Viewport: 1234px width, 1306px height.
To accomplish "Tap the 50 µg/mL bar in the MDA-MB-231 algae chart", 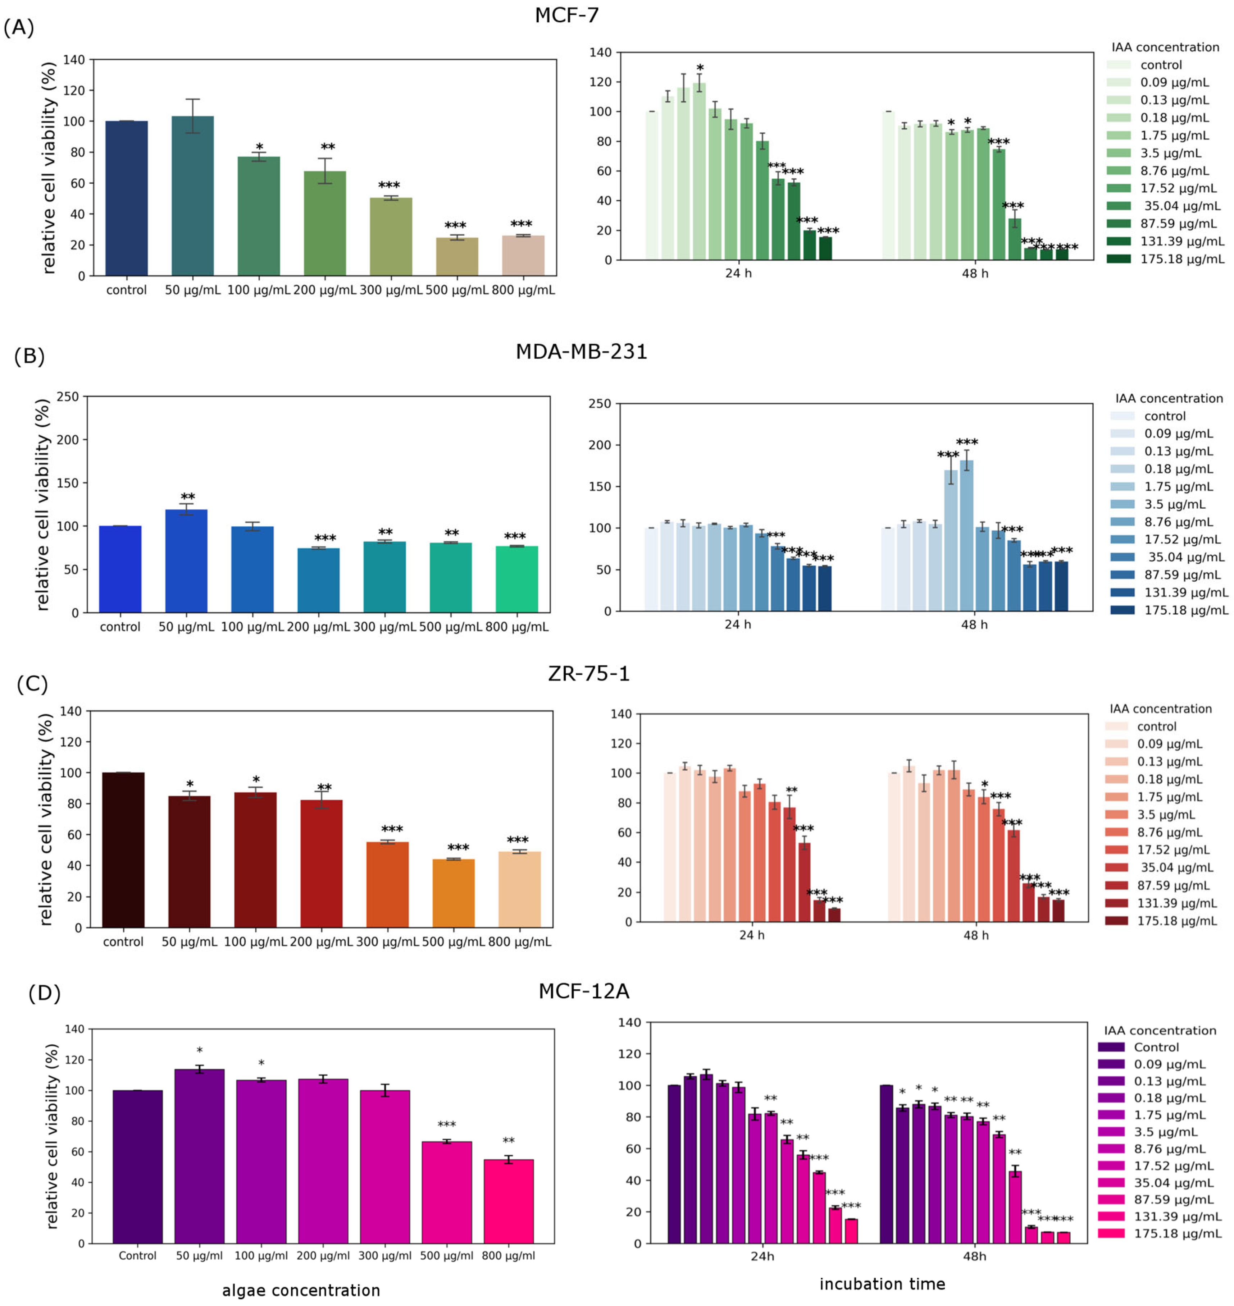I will [186, 560].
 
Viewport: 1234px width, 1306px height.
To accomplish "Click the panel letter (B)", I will [29, 356].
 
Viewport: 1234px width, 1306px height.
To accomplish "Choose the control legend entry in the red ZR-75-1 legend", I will [1156, 726].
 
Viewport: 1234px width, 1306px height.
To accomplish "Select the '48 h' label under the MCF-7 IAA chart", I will [974, 273].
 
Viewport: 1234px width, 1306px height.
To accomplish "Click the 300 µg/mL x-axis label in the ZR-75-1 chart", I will [387, 942].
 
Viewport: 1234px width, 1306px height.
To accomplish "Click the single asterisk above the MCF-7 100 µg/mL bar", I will [259, 147].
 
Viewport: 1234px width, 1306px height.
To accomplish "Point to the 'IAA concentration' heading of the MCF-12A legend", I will [1160, 1031].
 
